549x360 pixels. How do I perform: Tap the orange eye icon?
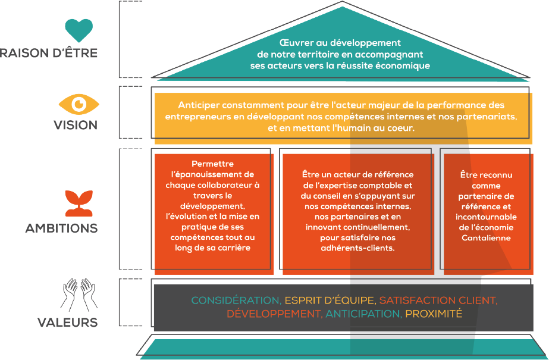pos(79,105)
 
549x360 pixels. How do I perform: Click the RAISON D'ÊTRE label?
pos(49,54)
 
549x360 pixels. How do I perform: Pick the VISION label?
pos(75,125)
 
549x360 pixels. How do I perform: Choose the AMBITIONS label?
pos(61,228)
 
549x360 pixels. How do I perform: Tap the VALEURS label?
pos(67,323)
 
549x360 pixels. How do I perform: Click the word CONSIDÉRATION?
pos(236,300)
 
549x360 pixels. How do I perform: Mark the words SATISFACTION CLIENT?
pos(437,300)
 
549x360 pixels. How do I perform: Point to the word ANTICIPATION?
pos(363,314)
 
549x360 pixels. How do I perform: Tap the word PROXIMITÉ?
pos(434,314)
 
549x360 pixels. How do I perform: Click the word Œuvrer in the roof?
pos(293,43)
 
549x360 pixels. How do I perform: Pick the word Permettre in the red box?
pos(213,164)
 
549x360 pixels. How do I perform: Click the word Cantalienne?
pos(485,238)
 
